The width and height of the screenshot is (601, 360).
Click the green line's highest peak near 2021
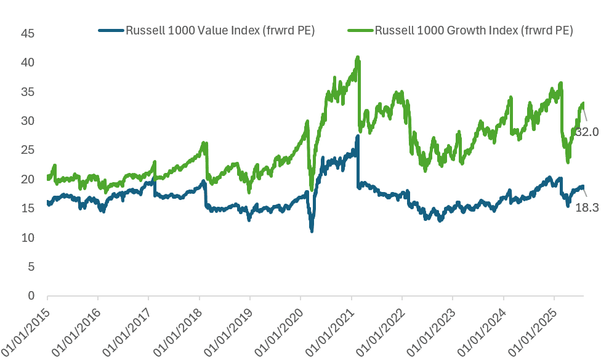[x=357, y=58]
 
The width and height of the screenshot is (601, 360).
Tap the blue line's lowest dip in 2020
[x=312, y=230]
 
